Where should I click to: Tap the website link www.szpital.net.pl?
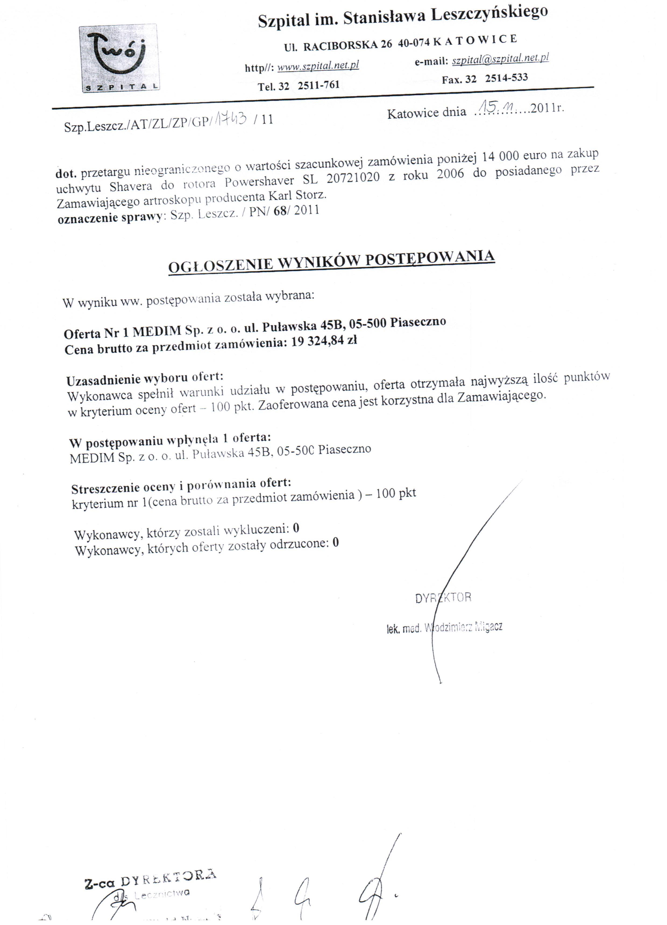coord(318,65)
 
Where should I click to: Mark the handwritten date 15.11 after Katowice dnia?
coord(496,108)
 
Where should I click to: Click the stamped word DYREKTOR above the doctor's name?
coord(443,598)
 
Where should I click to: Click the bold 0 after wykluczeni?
coord(296,529)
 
